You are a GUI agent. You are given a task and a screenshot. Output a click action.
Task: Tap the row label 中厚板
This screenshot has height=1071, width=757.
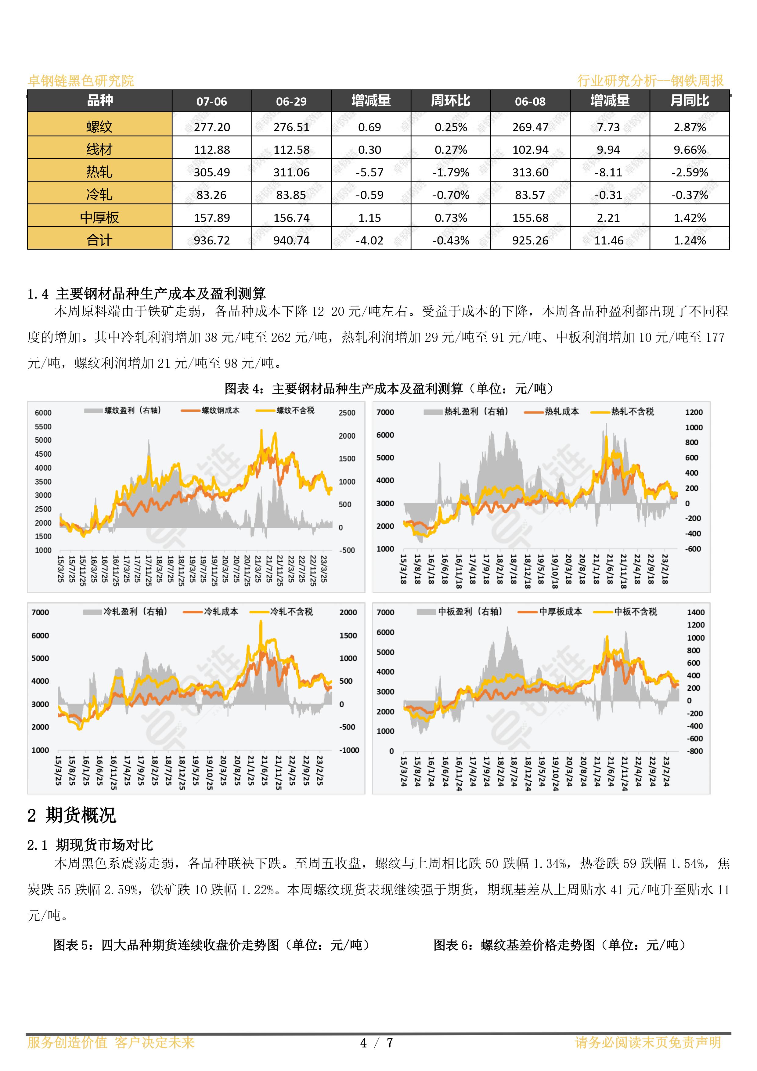pos(99,217)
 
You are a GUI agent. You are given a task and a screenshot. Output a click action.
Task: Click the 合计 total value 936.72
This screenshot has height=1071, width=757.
pos(212,240)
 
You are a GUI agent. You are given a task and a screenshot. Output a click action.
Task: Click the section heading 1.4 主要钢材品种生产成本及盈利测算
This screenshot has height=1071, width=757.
pos(146,294)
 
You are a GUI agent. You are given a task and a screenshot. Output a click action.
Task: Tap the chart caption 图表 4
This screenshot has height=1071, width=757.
pos(245,389)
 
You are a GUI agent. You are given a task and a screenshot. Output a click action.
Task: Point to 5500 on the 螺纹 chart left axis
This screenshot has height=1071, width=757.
pos(43,426)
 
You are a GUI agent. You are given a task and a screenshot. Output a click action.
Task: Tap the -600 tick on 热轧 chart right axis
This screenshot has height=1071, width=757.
pos(693,549)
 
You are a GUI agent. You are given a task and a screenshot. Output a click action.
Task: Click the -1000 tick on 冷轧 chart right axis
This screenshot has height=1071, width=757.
pos(349,750)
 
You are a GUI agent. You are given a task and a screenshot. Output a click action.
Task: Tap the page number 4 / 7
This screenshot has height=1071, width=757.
pos(377,1043)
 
